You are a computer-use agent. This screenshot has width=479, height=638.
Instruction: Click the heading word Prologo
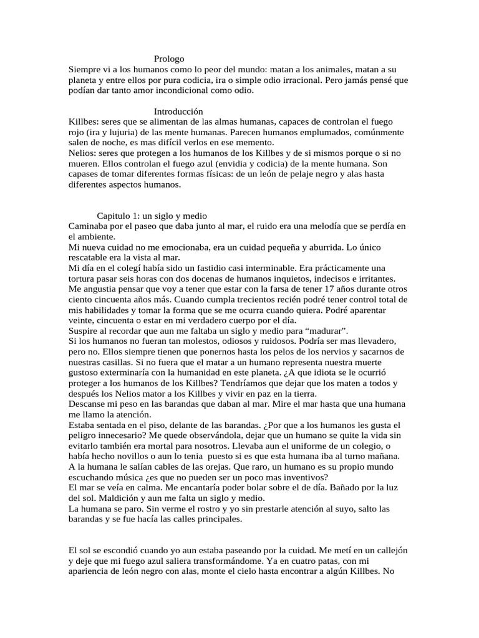pos(170,59)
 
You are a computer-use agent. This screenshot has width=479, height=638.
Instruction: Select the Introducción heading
pos(179,111)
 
